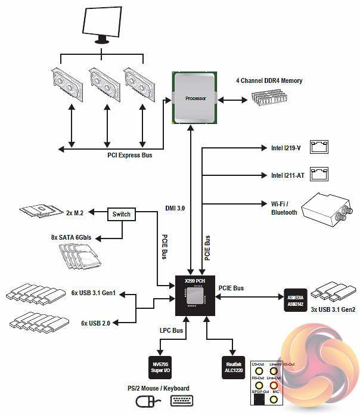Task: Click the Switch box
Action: click(122, 213)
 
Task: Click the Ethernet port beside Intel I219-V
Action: click(319, 147)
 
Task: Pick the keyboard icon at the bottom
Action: click(185, 401)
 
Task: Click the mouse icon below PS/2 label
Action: click(148, 401)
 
